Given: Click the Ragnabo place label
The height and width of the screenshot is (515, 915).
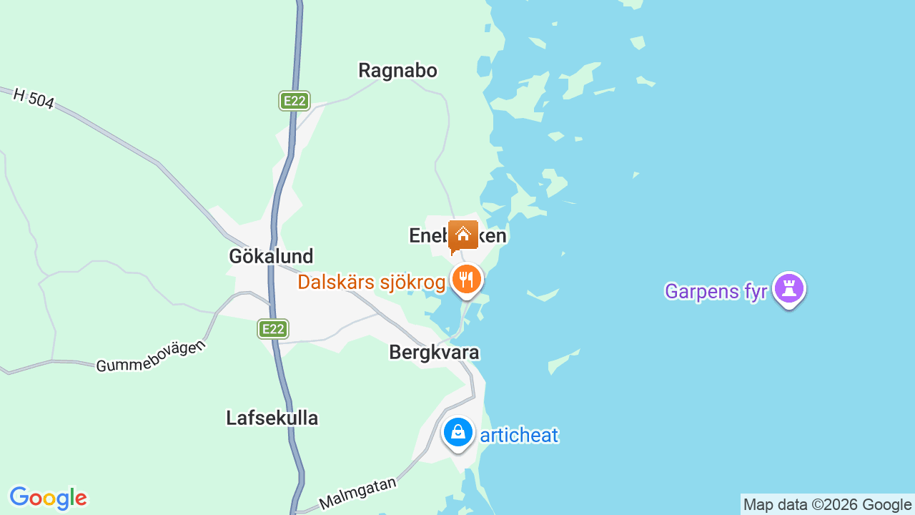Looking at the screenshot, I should click(x=397, y=71).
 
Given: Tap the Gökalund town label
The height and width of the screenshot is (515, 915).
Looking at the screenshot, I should click(x=271, y=256).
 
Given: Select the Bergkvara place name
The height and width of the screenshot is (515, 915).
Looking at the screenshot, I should click(x=434, y=353).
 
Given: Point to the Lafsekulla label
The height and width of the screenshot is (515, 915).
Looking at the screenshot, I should click(x=272, y=418).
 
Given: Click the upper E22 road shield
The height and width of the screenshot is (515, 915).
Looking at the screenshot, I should click(x=294, y=101).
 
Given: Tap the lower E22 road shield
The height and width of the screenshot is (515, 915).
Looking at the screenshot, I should click(x=273, y=329).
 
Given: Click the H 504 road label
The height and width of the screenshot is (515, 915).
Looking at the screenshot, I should click(x=34, y=98).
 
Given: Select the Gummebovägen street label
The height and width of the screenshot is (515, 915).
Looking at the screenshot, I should click(x=151, y=355).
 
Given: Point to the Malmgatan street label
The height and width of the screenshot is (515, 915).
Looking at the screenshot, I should click(x=357, y=494).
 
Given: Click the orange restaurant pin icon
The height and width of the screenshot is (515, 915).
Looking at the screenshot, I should click(x=467, y=279).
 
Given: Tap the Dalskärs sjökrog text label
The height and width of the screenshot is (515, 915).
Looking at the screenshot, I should click(x=372, y=283).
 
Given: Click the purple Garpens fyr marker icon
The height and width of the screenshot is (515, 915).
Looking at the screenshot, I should click(x=789, y=289).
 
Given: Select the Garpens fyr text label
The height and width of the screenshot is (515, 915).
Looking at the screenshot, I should click(x=716, y=292).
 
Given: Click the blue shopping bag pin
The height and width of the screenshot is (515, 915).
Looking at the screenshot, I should click(x=457, y=432).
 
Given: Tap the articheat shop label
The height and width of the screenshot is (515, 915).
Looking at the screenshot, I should click(x=519, y=435).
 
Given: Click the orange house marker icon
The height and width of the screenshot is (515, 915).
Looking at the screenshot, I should click(x=463, y=235).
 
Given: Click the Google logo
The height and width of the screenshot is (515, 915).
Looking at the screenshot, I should click(x=48, y=498).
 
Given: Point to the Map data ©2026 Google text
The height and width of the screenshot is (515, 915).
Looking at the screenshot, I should click(x=827, y=505).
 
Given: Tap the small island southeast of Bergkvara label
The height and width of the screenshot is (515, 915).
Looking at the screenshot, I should click(x=564, y=361).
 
